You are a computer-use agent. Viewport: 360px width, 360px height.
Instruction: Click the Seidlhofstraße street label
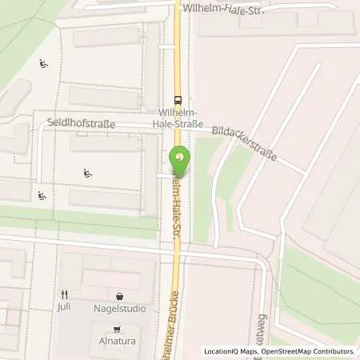tap(81, 125)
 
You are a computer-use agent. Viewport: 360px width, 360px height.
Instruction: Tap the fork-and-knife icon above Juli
tap(64, 294)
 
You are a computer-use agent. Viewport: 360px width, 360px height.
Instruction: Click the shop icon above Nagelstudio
tap(120, 294)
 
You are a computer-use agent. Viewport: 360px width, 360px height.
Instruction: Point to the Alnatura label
tap(117, 340)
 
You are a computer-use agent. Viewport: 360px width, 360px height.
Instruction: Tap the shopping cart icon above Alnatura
tap(117, 328)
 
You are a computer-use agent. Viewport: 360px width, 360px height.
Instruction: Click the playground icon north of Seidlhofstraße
tap(42, 64)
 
